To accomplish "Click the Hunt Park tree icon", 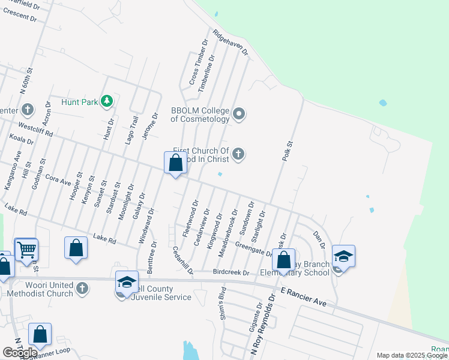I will click(x=107, y=101).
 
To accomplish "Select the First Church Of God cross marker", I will click(x=239, y=155).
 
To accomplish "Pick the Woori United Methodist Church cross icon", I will click(x=82, y=289).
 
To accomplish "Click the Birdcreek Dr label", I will click(x=231, y=272).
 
